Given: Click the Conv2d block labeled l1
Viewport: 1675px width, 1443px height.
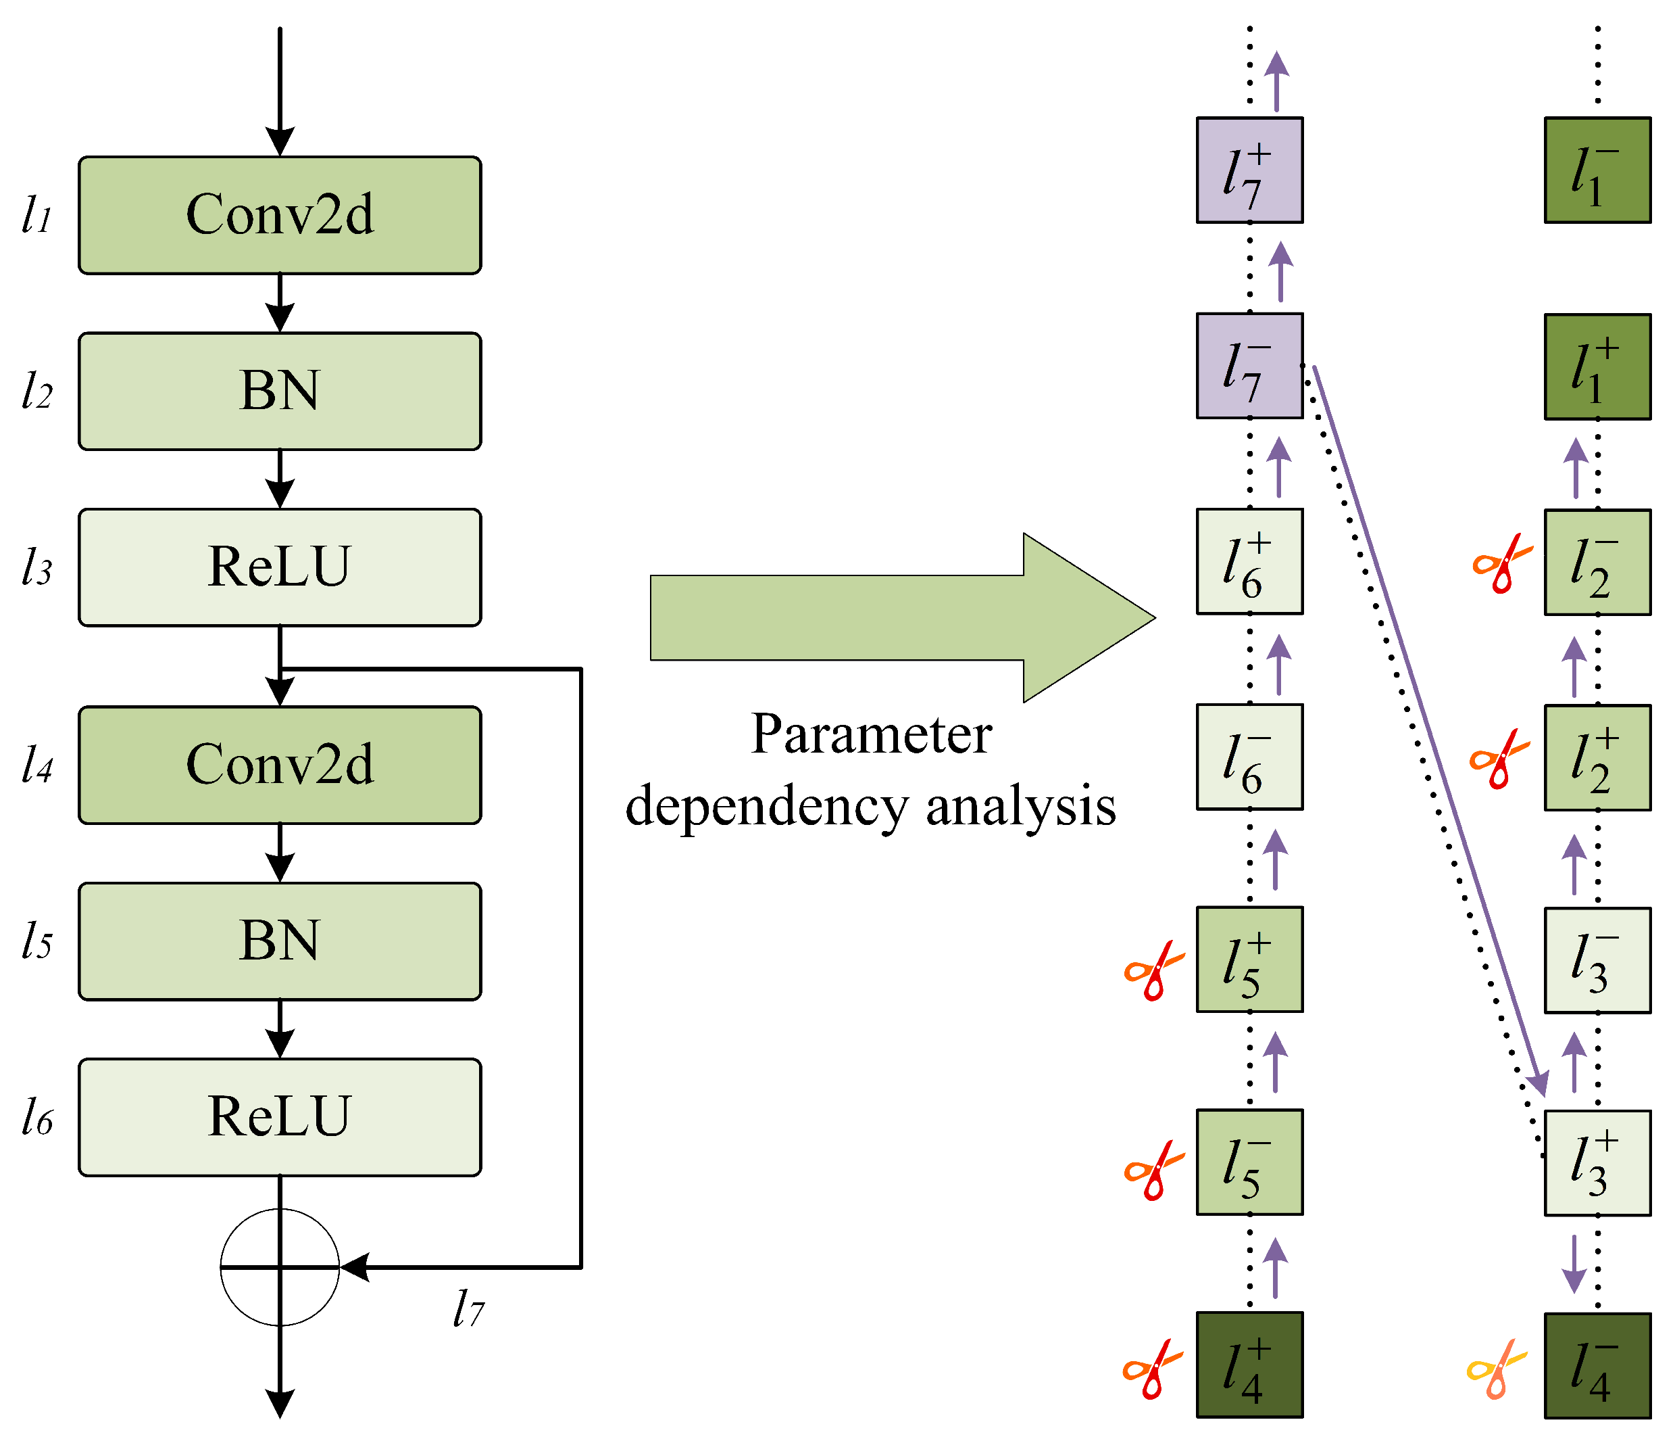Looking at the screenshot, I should click(x=280, y=215).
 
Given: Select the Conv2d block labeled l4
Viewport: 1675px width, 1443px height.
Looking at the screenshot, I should click(x=280, y=765).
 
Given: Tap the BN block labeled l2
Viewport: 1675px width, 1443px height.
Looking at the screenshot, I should click(x=280, y=391).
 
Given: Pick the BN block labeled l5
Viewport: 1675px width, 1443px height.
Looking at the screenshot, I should click(x=280, y=941).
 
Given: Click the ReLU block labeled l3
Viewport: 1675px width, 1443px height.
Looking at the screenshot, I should click(x=280, y=567).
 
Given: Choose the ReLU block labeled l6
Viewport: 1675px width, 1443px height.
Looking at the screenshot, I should click(x=280, y=1117).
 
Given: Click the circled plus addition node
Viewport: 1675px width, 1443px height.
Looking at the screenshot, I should click(x=280, y=1267).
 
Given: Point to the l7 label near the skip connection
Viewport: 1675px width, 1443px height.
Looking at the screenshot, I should click(x=468, y=1308).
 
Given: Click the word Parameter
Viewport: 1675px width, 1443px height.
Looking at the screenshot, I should click(x=871, y=734).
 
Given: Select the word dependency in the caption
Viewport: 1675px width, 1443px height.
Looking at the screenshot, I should click(x=767, y=807).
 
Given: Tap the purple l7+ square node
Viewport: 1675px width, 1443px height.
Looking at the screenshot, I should click(x=1249, y=170).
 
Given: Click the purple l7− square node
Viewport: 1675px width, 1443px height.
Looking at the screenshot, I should click(x=1249, y=366).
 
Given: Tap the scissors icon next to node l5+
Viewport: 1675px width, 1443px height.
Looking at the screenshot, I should click(x=1153, y=970).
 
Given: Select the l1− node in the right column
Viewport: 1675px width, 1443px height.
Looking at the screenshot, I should click(x=1597, y=170).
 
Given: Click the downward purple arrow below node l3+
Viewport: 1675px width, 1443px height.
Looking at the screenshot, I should click(x=1573, y=1263).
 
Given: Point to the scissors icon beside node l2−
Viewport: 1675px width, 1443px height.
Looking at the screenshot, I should click(x=1501, y=564).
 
